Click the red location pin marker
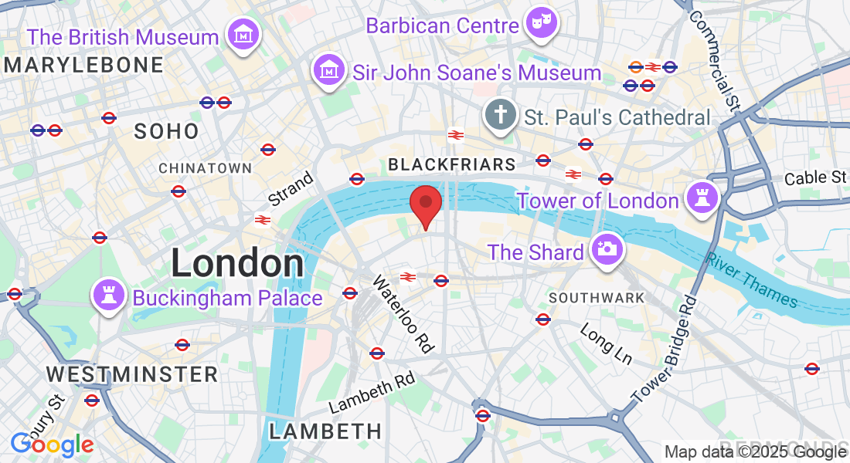(x=425, y=205)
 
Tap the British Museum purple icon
(x=243, y=35)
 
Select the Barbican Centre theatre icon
(x=541, y=24)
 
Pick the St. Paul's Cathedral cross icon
(x=501, y=117)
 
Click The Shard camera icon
(x=607, y=250)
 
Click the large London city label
(x=237, y=263)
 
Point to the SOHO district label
(x=167, y=131)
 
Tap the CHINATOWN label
(x=206, y=168)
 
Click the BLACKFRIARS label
(x=452, y=164)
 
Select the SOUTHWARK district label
(x=597, y=297)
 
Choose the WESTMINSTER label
(x=132, y=374)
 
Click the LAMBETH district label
(x=325, y=431)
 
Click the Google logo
(x=52, y=444)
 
